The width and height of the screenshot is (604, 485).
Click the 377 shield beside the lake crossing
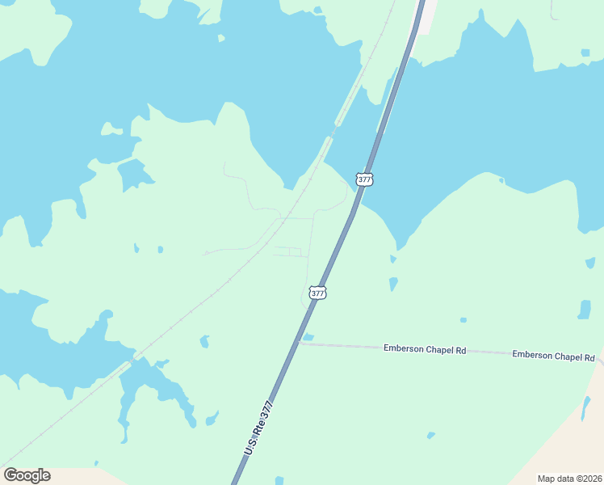[x=364, y=179]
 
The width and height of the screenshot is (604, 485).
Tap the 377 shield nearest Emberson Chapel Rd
[x=318, y=293]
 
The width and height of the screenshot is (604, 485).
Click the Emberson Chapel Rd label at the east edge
[x=554, y=356]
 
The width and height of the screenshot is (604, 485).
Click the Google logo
[x=27, y=475]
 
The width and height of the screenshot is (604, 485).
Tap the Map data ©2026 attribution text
[x=569, y=479]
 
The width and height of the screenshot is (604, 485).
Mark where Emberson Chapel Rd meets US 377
[x=300, y=343]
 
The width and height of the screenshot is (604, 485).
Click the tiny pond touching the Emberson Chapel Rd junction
[x=308, y=337]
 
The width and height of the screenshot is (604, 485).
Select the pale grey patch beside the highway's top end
[x=425, y=16]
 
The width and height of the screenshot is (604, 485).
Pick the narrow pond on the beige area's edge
[x=585, y=409]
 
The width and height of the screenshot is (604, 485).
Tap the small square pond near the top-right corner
[x=585, y=53]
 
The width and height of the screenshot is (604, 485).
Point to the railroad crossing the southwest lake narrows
[x=129, y=361]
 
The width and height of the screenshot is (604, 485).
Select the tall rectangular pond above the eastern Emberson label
[x=584, y=310]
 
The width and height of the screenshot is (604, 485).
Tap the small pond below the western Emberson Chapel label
[x=430, y=435]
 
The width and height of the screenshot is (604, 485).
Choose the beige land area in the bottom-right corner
[x=565, y=453]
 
